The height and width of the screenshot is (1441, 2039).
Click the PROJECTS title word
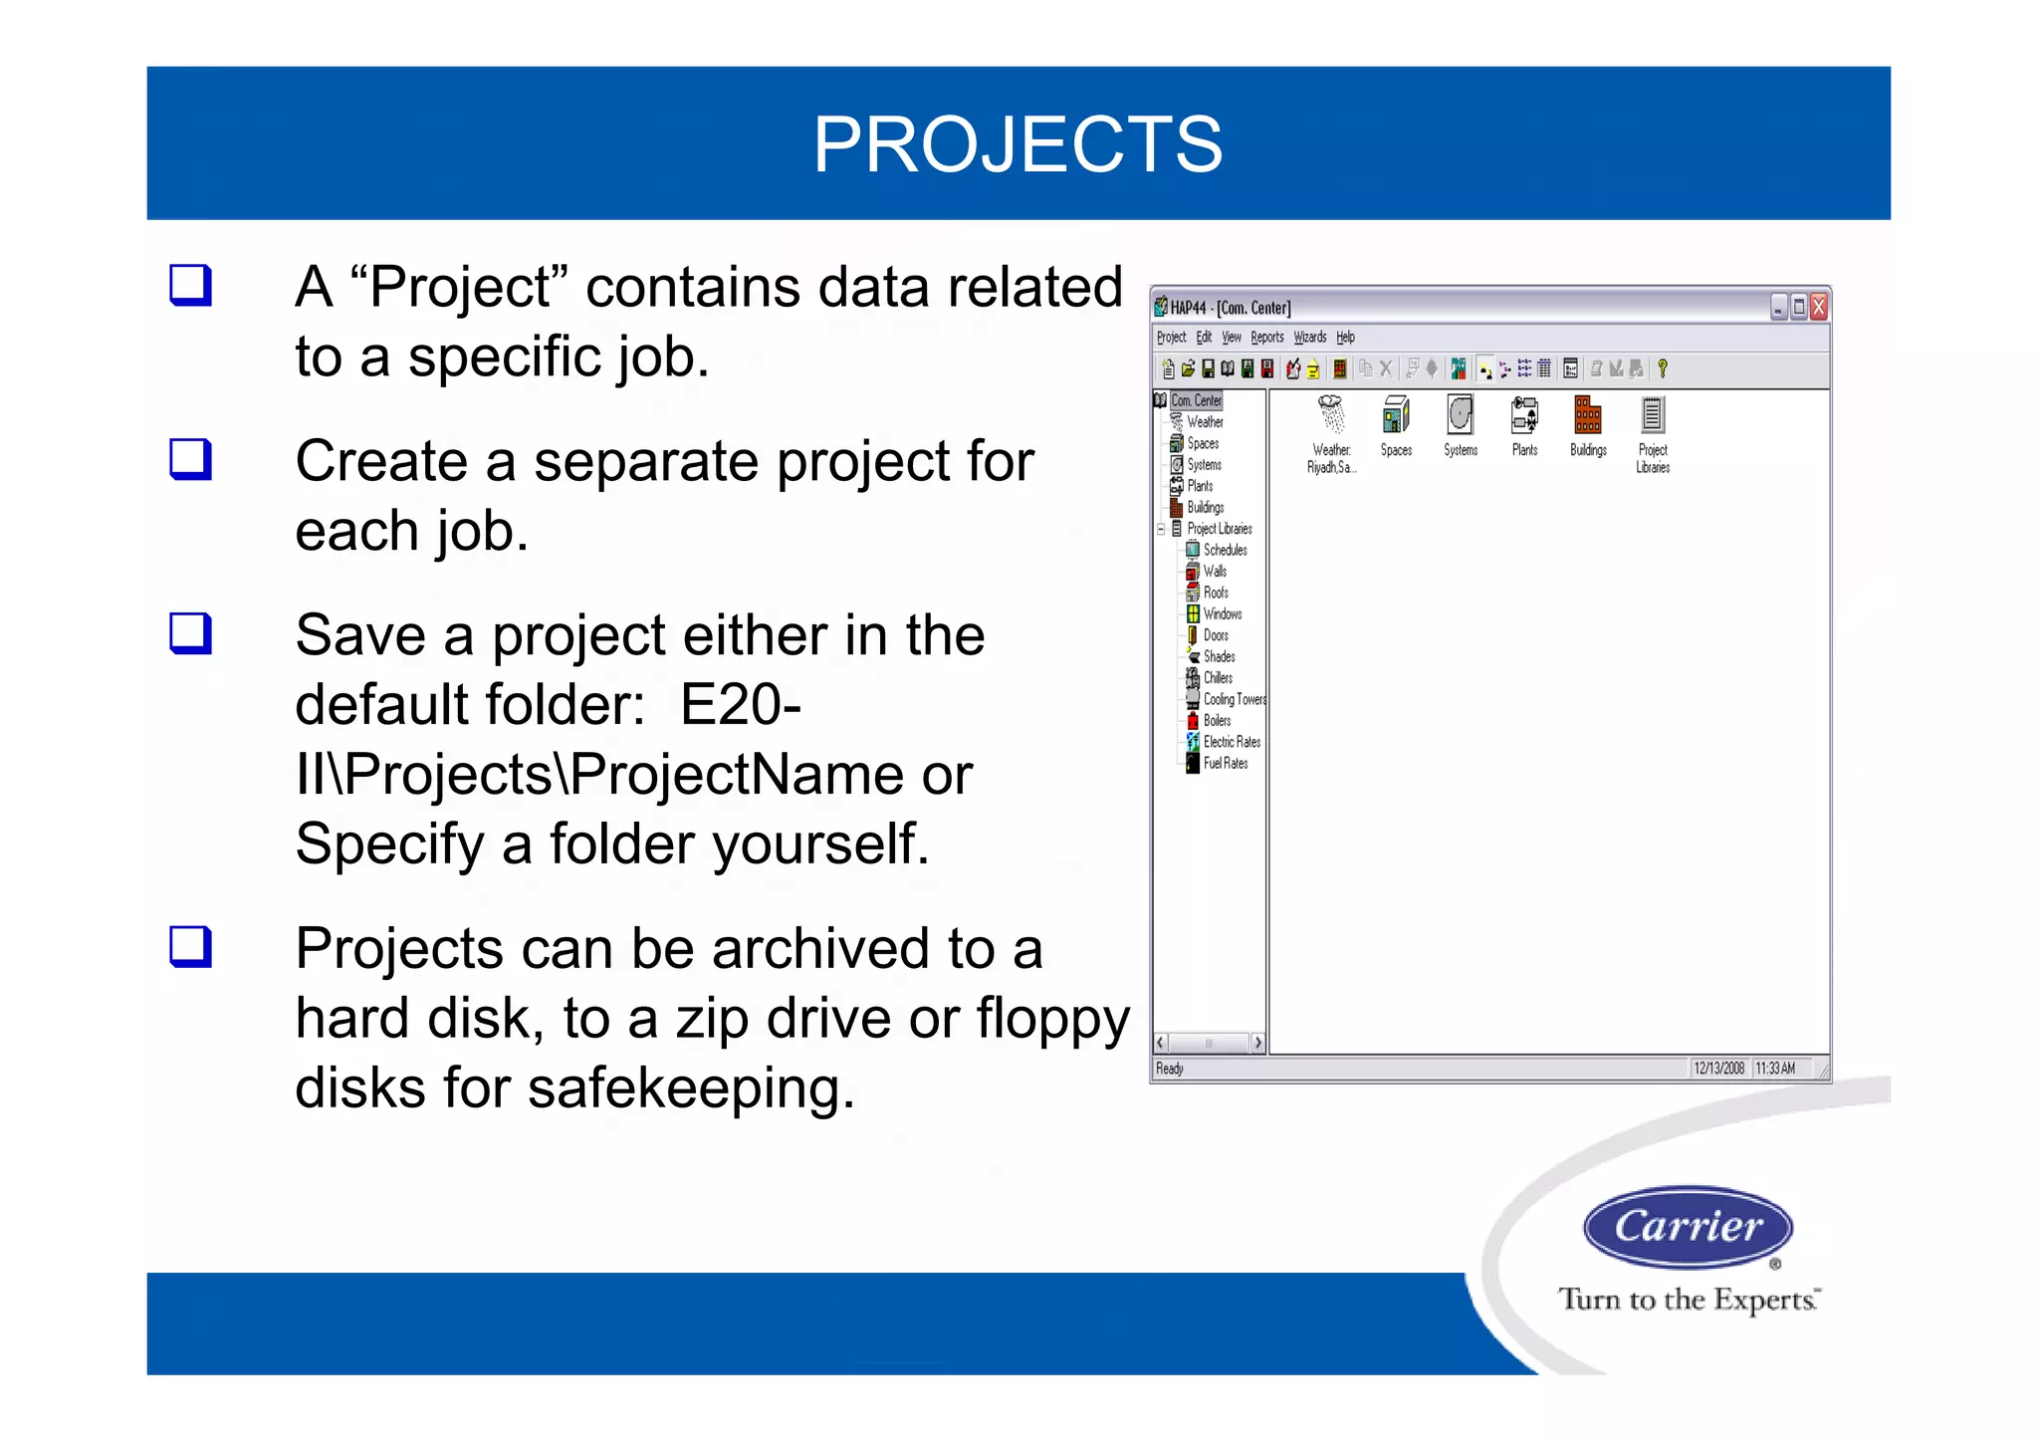[x=1018, y=144]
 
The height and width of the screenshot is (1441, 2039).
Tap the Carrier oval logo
[x=1688, y=1227]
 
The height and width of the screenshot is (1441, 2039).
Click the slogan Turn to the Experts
[x=1689, y=1300]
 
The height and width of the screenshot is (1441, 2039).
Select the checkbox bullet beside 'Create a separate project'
[x=190, y=459]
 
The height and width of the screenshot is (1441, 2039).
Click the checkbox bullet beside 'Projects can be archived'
[x=190, y=946]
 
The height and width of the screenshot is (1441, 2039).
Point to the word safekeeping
[x=691, y=1087]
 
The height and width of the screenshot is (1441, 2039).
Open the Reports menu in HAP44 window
[x=1266, y=338]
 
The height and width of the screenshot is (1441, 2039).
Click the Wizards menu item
[x=1309, y=338]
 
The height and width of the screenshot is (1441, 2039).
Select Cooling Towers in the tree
[x=1234, y=699]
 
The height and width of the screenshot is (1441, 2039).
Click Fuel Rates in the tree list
[x=1225, y=764]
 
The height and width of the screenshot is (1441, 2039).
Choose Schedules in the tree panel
[x=1225, y=550]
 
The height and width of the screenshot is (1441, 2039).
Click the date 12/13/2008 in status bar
[x=1718, y=1069]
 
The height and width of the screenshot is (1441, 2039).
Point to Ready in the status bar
[x=1170, y=1069]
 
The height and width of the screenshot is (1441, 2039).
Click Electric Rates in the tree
[x=1232, y=742]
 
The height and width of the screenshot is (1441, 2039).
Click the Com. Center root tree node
[x=1196, y=400]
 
